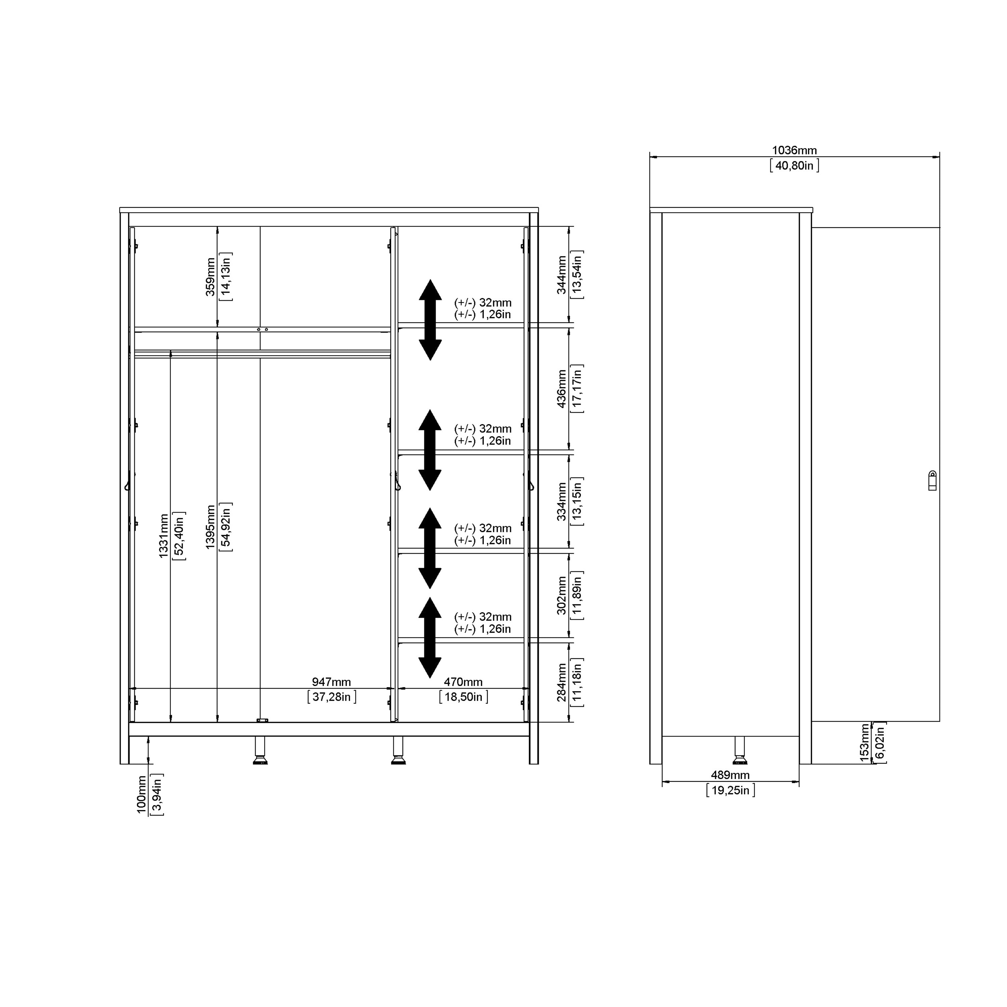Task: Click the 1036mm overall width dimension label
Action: (794, 150)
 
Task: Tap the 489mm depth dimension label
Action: (730, 775)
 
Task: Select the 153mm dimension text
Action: (865, 743)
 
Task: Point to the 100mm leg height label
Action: (141, 794)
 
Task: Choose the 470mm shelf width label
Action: (463, 682)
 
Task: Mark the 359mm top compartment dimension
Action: (210, 277)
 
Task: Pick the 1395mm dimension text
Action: (210, 526)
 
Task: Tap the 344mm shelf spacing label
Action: (561, 275)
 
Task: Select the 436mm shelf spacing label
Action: (561, 389)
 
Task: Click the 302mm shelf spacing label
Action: (561, 595)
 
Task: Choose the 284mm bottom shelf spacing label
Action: (561, 682)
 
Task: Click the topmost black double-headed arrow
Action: (430, 320)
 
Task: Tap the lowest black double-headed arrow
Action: (430, 637)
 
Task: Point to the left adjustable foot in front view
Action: (260, 751)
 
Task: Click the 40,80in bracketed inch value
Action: (794, 166)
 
